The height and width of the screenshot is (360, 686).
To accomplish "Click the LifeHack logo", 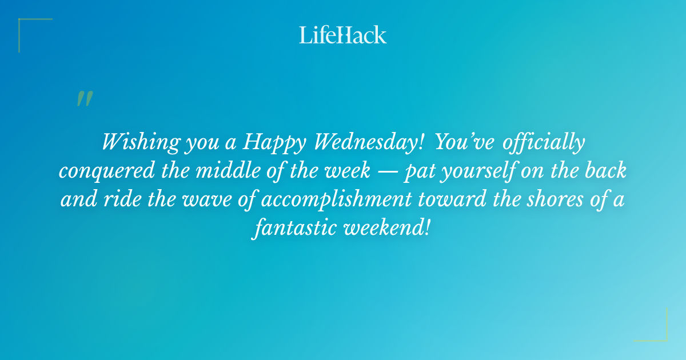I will (x=343, y=35).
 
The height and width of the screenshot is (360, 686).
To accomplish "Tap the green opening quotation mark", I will (x=85, y=99).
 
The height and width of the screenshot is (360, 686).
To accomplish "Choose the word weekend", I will (x=386, y=228).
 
